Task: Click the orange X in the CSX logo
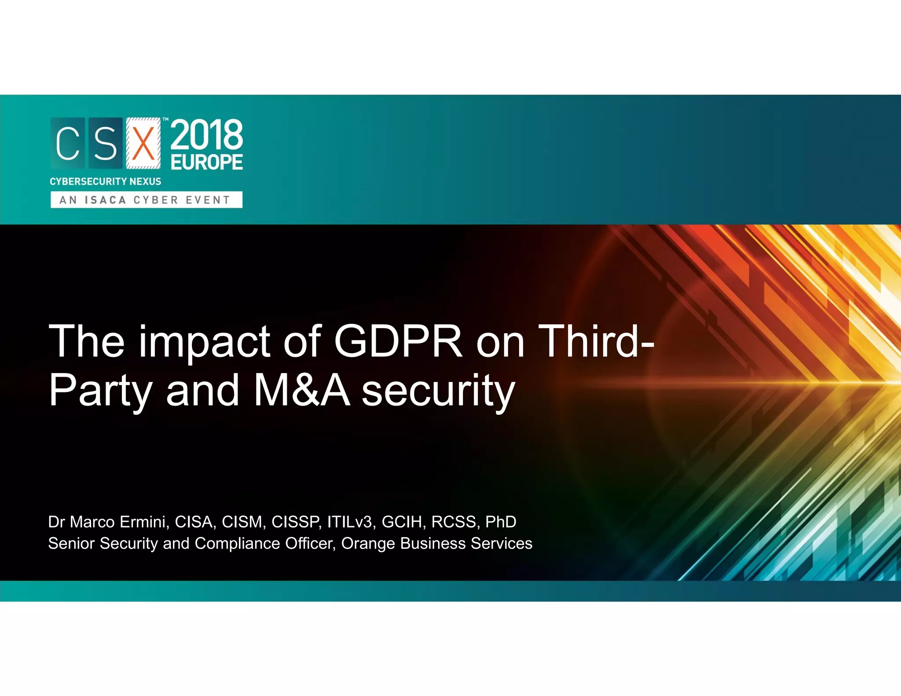tap(143, 143)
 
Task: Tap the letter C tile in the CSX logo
tap(68, 143)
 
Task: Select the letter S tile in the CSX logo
tap(106, 143)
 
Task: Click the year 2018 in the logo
tap(206, 135)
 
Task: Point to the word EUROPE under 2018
tap(207, 162)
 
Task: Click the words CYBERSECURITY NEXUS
tap(106, 181)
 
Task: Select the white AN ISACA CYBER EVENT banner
tap(146, 200)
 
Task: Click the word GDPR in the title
tap(398, 341)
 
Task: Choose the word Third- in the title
tap(596, 341)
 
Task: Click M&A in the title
tap(302, 390)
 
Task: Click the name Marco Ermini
tap(118, 522)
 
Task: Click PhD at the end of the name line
tap(501, 522)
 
